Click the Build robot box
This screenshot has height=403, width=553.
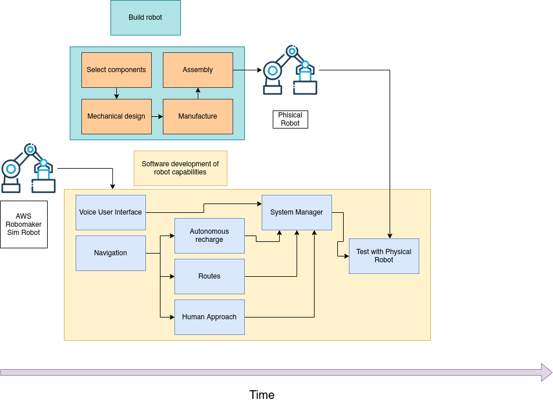(145, 17)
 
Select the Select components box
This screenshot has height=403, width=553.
(116, 70)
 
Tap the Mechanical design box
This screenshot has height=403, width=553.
(116, 116)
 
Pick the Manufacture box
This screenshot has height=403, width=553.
(198, 116)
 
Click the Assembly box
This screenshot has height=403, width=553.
(198, 70)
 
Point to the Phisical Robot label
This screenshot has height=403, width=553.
(290, 119)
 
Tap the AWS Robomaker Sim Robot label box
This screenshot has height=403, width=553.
(24, 224)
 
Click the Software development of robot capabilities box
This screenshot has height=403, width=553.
(180, 169)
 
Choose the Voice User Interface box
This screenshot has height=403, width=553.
(110, 212)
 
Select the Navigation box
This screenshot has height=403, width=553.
(110, 253)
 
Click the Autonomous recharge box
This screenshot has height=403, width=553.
(209, 236)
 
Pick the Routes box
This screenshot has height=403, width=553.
(209, 276)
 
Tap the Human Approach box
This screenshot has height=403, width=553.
(209, 317)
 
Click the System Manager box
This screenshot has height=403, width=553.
(297, 212)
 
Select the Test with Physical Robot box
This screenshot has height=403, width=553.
(384, 256)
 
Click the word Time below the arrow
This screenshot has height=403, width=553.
(262, 395)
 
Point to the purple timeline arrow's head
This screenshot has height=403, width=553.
(547, 372)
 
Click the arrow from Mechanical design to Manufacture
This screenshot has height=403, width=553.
(157, 116)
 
